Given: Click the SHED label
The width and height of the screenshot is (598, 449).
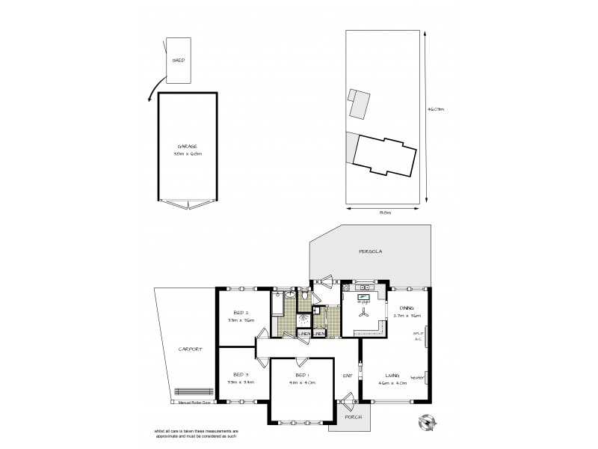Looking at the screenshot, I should (x=178, y=61).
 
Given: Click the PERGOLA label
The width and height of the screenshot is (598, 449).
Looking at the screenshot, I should (x=370, y=252).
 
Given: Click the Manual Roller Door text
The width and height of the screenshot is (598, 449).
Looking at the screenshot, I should (x=194, y=402).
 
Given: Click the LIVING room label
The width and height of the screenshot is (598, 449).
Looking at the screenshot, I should (x=392, y=375).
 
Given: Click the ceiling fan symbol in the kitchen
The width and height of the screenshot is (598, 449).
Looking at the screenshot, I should (x=363, y=316).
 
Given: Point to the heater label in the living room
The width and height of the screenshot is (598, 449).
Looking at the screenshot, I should (x=417, y=377).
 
